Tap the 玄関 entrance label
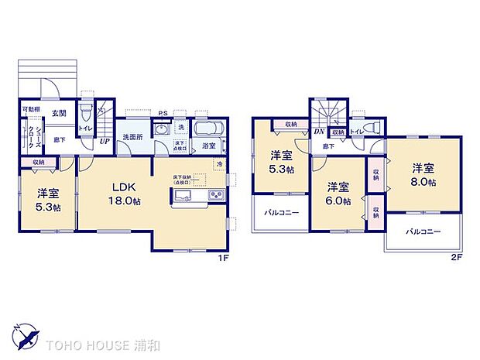[59, 113]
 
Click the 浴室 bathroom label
[208, 145]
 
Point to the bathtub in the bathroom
[208, 129]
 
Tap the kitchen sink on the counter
[182, 194]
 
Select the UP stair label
[104, 142]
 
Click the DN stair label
[318, 132]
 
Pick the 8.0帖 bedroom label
[423, 174]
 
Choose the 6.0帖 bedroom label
[337, 194]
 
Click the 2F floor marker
[457, 258]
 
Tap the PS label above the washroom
[163, 114]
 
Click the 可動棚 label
[30, 109]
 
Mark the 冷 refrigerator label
[220, 164]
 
